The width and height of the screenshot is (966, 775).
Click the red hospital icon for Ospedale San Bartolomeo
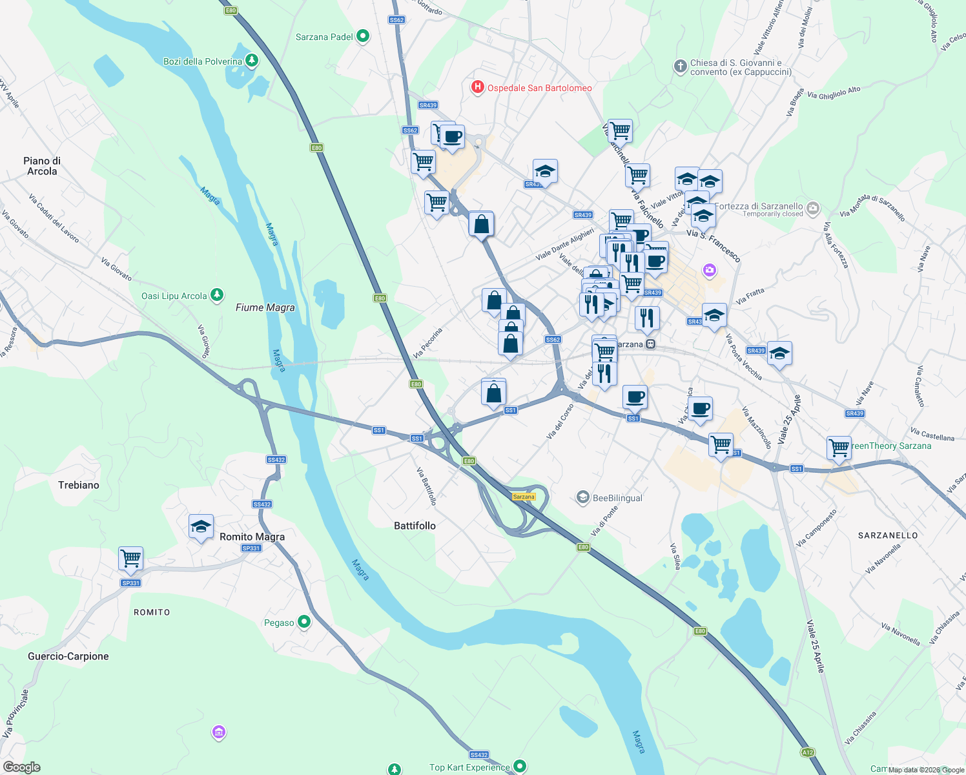click(477, 87)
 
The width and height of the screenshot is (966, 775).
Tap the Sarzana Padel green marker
click(363, 36)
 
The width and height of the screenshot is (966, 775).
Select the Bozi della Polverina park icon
click(252, 61)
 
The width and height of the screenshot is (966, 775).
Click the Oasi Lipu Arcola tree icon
click(217, 295)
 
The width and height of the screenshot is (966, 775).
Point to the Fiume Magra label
click(265, 307)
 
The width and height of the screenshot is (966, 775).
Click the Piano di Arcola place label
click(42, 166)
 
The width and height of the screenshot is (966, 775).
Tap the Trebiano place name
click(79, 485)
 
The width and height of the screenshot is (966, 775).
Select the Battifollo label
click(415, 526)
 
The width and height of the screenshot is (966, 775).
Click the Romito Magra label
click(252, 537)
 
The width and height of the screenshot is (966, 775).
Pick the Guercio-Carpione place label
click(68, 656)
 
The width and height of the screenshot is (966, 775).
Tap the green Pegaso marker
click(303, 622)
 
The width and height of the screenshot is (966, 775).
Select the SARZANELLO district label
click(888, 535)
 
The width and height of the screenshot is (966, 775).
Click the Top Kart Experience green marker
click(520, 766)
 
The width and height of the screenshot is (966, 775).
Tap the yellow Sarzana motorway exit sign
click(524, 497)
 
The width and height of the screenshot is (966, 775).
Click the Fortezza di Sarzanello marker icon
click(813, 208)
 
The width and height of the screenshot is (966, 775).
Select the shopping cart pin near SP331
click(131, 559)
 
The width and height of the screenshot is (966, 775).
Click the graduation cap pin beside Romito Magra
click(201, 526)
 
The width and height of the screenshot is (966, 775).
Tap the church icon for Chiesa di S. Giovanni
click(680, 67)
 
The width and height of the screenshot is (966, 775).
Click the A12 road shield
click(807, 752)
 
